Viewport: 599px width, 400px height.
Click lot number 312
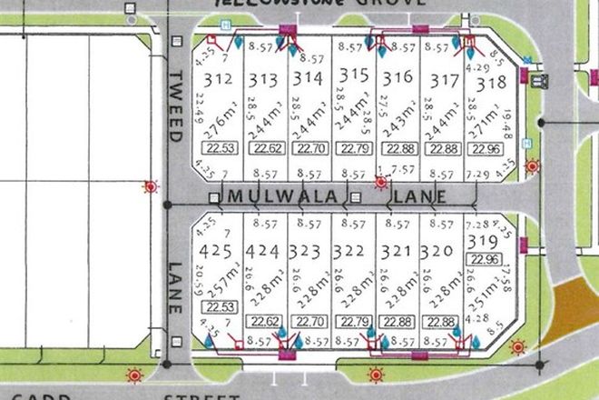(219, 78)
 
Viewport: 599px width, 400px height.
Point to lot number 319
(486, 241)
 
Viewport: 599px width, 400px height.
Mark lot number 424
(263, 250)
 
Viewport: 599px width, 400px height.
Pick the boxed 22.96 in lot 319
(486, 259)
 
